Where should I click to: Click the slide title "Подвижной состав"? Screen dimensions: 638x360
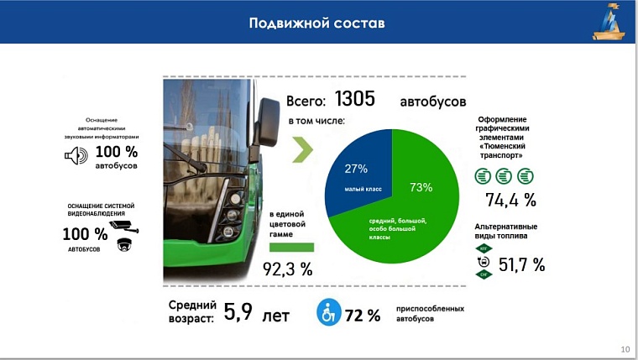point(316,23)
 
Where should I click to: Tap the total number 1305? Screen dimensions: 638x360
point(355,99)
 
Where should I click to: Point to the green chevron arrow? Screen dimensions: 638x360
point(303,149)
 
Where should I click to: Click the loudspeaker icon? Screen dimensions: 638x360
point(76,155)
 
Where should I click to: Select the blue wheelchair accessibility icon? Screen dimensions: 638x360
point(329,312)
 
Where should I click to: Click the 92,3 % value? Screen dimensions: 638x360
point(288,269)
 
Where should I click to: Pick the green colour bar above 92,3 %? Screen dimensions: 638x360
point(292,248)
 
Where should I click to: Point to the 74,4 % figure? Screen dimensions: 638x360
point(510,200)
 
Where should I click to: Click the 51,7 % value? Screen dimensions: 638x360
point(521,265)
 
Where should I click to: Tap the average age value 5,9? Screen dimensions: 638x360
point(238,312)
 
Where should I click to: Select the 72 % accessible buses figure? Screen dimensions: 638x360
point(363,316)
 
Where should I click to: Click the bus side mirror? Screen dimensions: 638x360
point(267,122)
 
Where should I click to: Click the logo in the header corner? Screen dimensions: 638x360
point(609,22)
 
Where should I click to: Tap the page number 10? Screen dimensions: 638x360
point(625,349)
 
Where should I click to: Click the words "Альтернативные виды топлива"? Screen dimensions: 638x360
point(505,231)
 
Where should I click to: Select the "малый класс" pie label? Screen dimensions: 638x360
point(363,189)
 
